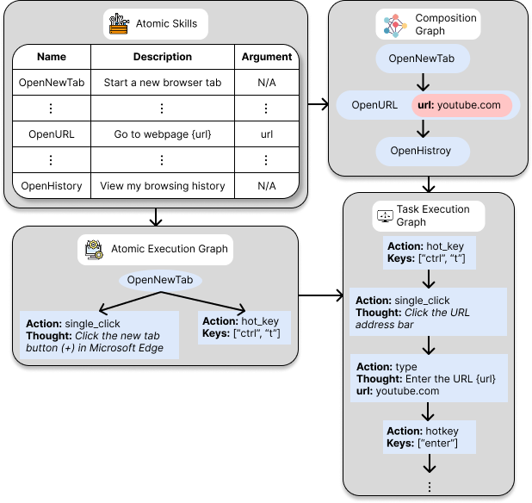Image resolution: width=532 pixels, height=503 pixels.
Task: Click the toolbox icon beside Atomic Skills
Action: (x=118, y=24)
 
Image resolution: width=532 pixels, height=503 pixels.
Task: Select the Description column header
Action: (x=163, y=58)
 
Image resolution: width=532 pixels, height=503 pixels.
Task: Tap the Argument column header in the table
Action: (x=267, y=58)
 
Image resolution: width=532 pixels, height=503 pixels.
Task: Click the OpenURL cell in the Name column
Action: (x=52, y=134)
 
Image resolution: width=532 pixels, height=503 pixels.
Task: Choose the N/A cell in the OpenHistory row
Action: (x=267, y=185)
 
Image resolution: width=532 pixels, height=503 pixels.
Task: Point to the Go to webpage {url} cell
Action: (x=163, y=134)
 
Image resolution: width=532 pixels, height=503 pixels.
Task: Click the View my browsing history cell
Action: (x=163, y=185)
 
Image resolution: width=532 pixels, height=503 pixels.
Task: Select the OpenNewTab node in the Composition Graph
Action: (x=423, y=59)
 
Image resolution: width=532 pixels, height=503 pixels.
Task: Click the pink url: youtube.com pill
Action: (x=462, y=106)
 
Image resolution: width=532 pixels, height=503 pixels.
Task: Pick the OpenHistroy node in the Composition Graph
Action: (x=423, y=151)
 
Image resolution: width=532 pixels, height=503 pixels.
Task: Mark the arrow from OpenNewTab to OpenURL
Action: (x=423, y=82)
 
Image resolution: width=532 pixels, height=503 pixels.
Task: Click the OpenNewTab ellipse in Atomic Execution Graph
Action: (x=159, y=281)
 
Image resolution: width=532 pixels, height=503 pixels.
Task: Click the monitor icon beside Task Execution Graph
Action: (x=384, y=215)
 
